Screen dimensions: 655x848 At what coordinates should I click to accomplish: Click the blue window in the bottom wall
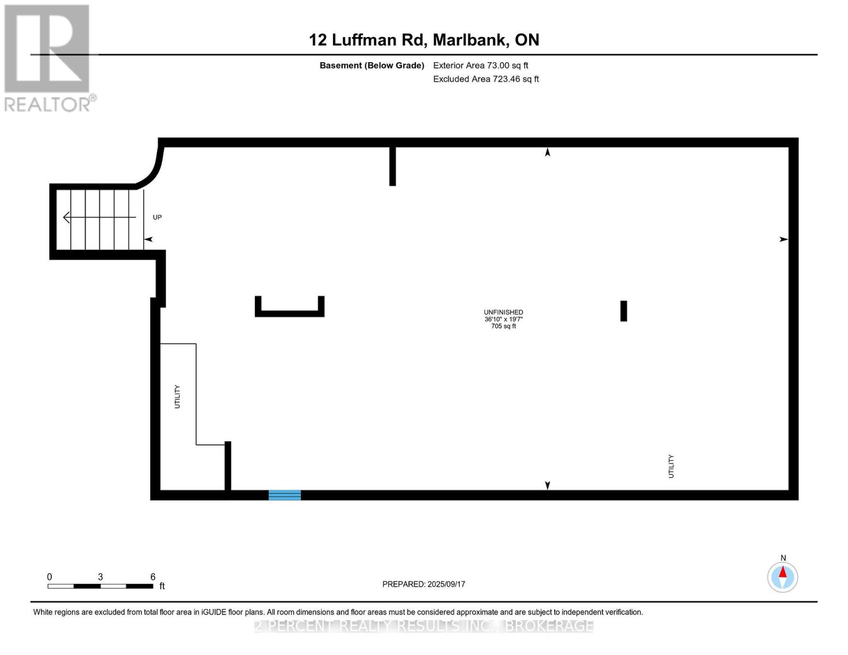284,495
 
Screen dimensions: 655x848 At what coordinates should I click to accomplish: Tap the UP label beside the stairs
157,217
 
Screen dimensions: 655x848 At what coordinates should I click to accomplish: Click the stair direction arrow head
67,217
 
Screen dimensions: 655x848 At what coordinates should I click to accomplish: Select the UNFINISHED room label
503,312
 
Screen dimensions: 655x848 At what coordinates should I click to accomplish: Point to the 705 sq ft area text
503,326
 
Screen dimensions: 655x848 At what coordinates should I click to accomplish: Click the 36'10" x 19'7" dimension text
503,319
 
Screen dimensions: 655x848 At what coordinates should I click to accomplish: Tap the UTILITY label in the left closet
177,396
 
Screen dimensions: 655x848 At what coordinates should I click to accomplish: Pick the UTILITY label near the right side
671,466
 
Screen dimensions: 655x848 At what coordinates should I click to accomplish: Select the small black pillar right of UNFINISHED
624,311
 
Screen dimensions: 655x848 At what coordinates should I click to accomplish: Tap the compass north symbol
782,576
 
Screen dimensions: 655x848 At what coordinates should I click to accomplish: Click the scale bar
100,586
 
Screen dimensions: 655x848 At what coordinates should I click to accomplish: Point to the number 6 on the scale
153,577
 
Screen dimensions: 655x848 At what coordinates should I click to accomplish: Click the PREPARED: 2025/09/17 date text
423,584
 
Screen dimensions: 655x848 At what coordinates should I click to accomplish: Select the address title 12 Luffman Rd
424,40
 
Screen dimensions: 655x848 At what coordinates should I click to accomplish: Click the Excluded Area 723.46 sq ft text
485,79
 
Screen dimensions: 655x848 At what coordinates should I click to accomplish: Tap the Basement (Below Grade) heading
371,65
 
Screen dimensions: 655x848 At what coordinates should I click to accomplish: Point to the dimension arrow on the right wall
784,239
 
